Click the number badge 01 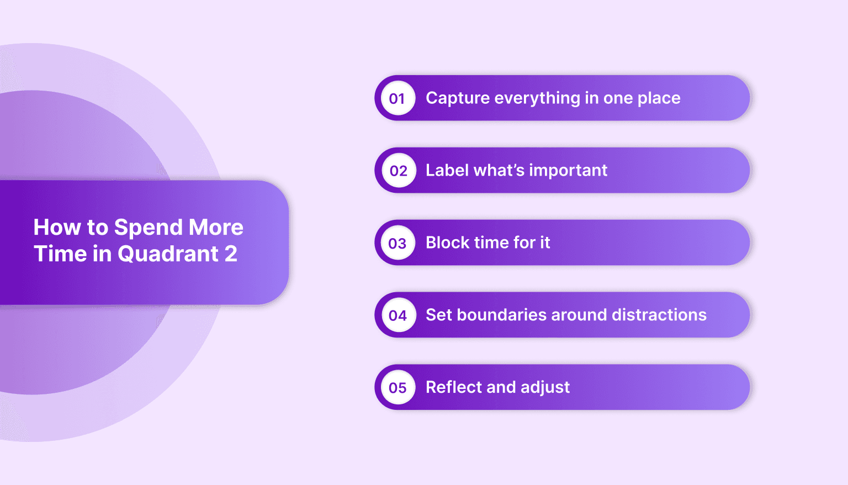397,98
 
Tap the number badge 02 398,171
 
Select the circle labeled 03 397,243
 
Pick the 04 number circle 398,315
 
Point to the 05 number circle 397,388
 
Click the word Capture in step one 458,98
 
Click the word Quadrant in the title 168,254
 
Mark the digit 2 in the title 231,254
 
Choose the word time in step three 486,242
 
